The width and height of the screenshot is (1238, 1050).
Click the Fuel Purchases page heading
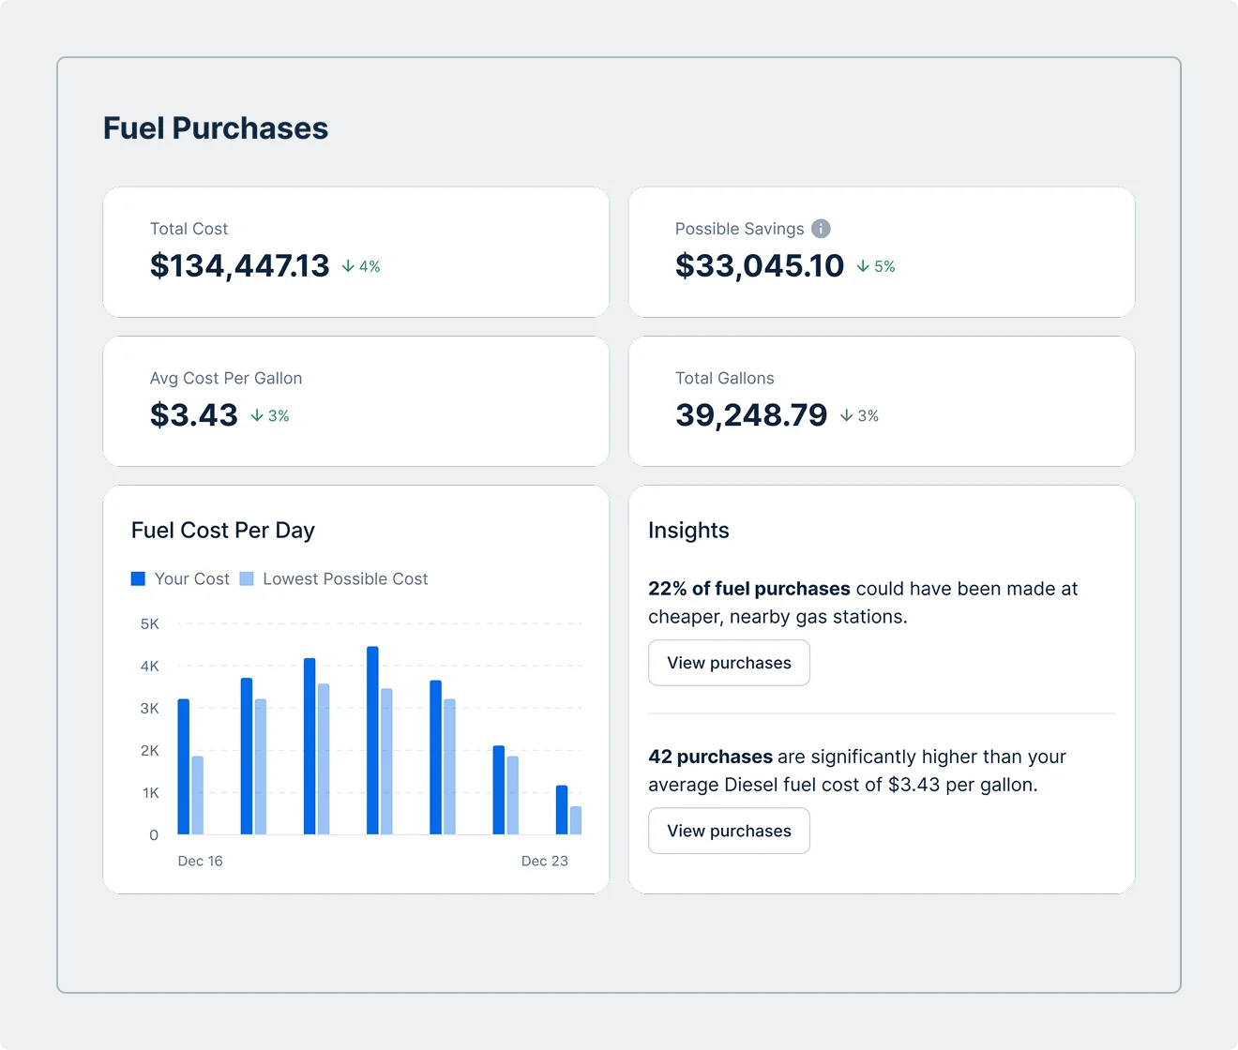[215, 128]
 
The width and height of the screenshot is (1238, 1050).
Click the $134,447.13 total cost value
[239, 266]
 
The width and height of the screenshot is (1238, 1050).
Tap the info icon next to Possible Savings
[821, 229]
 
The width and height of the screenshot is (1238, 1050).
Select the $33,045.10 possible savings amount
[759, 266]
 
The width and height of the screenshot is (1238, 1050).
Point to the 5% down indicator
[876, 267]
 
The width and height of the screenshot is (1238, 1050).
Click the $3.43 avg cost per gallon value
[193, 415]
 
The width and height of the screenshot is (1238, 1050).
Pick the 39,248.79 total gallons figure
[750, 415]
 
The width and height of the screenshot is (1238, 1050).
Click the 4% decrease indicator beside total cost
[361, 267]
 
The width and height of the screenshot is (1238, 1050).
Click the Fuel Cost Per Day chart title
[222, 531]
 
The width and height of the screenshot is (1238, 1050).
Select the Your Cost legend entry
[180, 579]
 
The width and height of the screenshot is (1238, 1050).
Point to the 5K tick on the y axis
[149, 624]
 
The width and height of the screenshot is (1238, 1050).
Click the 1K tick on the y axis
[150, 793]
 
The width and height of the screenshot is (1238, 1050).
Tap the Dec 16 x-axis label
[200, 862]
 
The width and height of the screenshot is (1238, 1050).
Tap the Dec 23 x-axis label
[544, 862]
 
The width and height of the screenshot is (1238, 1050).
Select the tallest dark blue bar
[372, 740]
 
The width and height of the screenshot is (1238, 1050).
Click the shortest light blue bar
[576, 820]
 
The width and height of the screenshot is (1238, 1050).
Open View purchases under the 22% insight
[729, 663]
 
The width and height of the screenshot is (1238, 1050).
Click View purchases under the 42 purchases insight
[729, 832]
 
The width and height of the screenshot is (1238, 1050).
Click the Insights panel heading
[688, 531]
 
